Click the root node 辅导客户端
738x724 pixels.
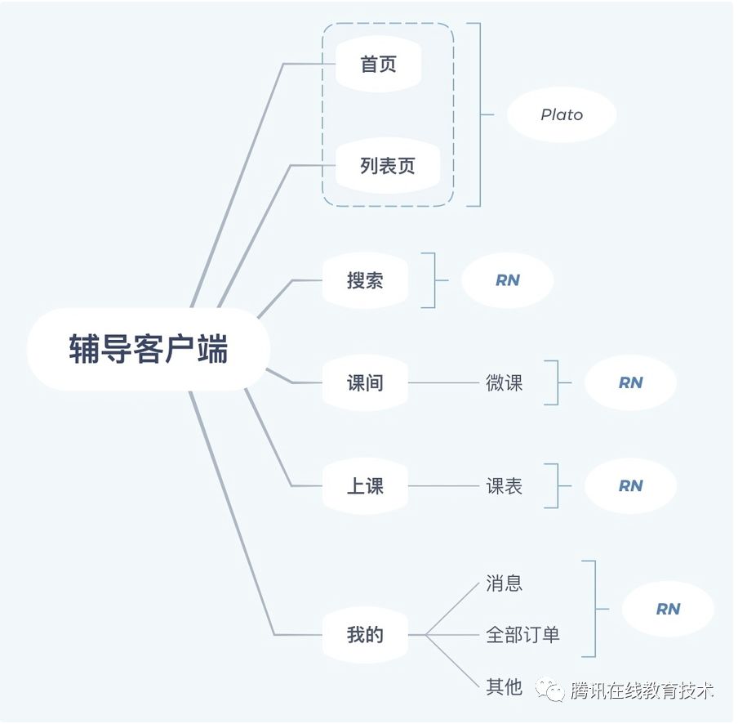coord(148,350)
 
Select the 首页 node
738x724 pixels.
coord(378,64)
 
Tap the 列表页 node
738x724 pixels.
coord(388,166)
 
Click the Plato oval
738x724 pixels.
coord(562,115)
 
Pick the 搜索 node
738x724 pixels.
coord(365,280)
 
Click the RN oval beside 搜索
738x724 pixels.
coord(507,280)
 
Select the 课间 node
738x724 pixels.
coord(365,382)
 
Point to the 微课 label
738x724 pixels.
coord(504,382)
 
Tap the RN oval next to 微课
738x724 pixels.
coord(630,382)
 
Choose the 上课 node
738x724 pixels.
coord(365,486)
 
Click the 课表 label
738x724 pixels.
coord(504,486)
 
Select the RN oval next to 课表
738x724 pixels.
coord(630,486)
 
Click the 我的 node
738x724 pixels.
coord(365,635)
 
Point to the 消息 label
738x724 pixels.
coord(504,583)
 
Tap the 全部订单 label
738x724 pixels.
coord(522,635)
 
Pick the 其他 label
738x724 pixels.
coord(504,687)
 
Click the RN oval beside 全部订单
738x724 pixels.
coord(668,609)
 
